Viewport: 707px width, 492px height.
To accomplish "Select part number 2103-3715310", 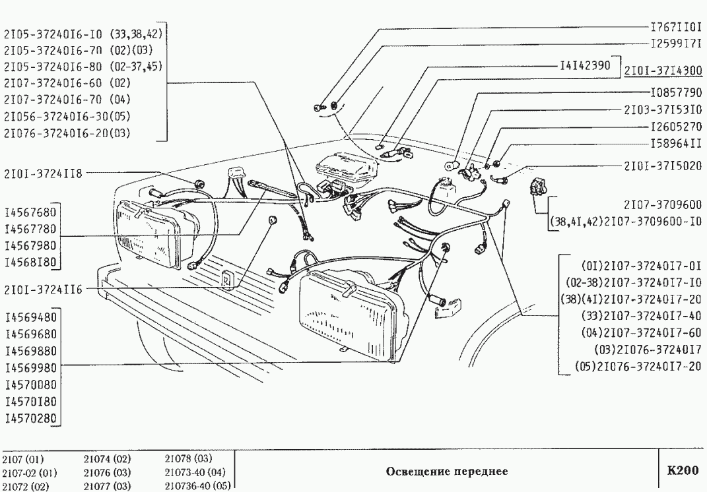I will coord(662,109).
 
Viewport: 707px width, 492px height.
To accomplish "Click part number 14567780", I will coord(30,230).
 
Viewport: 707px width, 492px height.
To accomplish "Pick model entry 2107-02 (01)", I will coord(30,472).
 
